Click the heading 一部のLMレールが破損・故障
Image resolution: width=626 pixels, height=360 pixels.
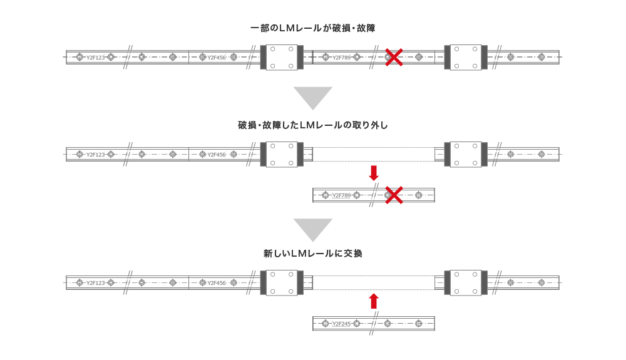pyautogui.click(x=312, y=28)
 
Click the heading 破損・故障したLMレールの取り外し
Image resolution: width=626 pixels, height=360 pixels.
pyautogui.click(x=312, y=125)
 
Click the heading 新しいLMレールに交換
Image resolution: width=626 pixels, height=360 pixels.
pyautogui.click(x=312, y=254)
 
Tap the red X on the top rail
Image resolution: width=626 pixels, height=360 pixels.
pyautogui.click(x=393, y=57)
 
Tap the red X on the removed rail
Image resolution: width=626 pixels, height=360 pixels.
pyautogui.click(x=393, y=195)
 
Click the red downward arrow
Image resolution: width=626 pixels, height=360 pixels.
pyautogui.click(x=374, y=173)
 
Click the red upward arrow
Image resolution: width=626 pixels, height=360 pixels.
pyautogui.click(x=374, y=301)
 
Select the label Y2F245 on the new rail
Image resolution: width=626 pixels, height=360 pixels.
pyautogui.click(x=341, y=324)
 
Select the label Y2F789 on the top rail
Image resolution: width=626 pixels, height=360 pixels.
pyautogui.click(x=341, y=58)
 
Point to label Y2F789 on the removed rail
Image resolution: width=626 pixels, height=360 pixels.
pyautogui.click(x=341, y=195)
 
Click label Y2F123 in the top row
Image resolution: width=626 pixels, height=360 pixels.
pyautogui.click(x=95, y=58)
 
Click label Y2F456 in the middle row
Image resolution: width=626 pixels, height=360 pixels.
pyautogui.click(x=217, y=155)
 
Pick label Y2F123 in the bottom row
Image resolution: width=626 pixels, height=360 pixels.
pyautogui.click(x=95, y=283)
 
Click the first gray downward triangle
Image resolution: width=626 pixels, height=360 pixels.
pyautogui.click(x=312, y=98)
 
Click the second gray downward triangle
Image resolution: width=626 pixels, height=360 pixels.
pyautogui.click(x=312, y=230)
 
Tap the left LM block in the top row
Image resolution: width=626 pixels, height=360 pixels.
pyautogui.click(x=282, y=57)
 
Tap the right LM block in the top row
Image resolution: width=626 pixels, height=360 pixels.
pyautogui.click(x=465, y=57)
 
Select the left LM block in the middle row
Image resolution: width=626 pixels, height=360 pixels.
pyautogui.click(x=282, y=154)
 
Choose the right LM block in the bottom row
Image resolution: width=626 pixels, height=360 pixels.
pyautogui.click(x=465, y=282)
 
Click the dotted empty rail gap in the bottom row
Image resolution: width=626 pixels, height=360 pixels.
pyautogui.click(x=374, y=282)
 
